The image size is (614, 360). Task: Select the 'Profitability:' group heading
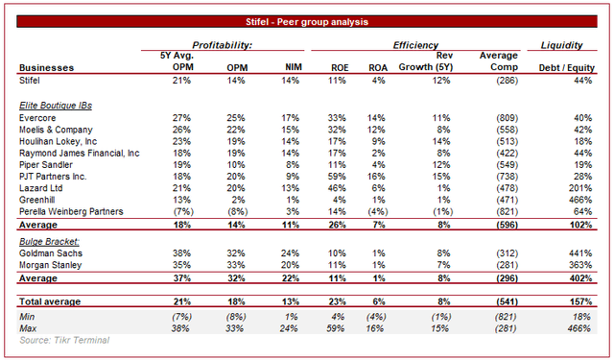(222, 45)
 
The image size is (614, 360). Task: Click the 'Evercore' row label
(38, 116)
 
